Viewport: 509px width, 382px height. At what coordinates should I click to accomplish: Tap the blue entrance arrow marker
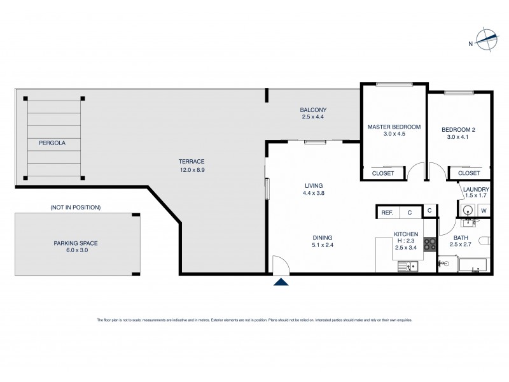point(281,281)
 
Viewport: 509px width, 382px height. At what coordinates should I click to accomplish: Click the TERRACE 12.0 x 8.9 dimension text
point(192,170)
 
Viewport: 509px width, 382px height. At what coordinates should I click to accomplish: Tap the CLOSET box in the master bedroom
point(382,173)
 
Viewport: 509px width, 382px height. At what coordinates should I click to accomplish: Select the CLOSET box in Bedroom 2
point(469,173)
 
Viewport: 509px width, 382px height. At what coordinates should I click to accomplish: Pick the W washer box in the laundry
point(484,211)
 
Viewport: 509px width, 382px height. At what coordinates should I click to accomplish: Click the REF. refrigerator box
point(387,212)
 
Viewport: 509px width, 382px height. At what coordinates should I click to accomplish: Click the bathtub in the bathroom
point(471,265)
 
